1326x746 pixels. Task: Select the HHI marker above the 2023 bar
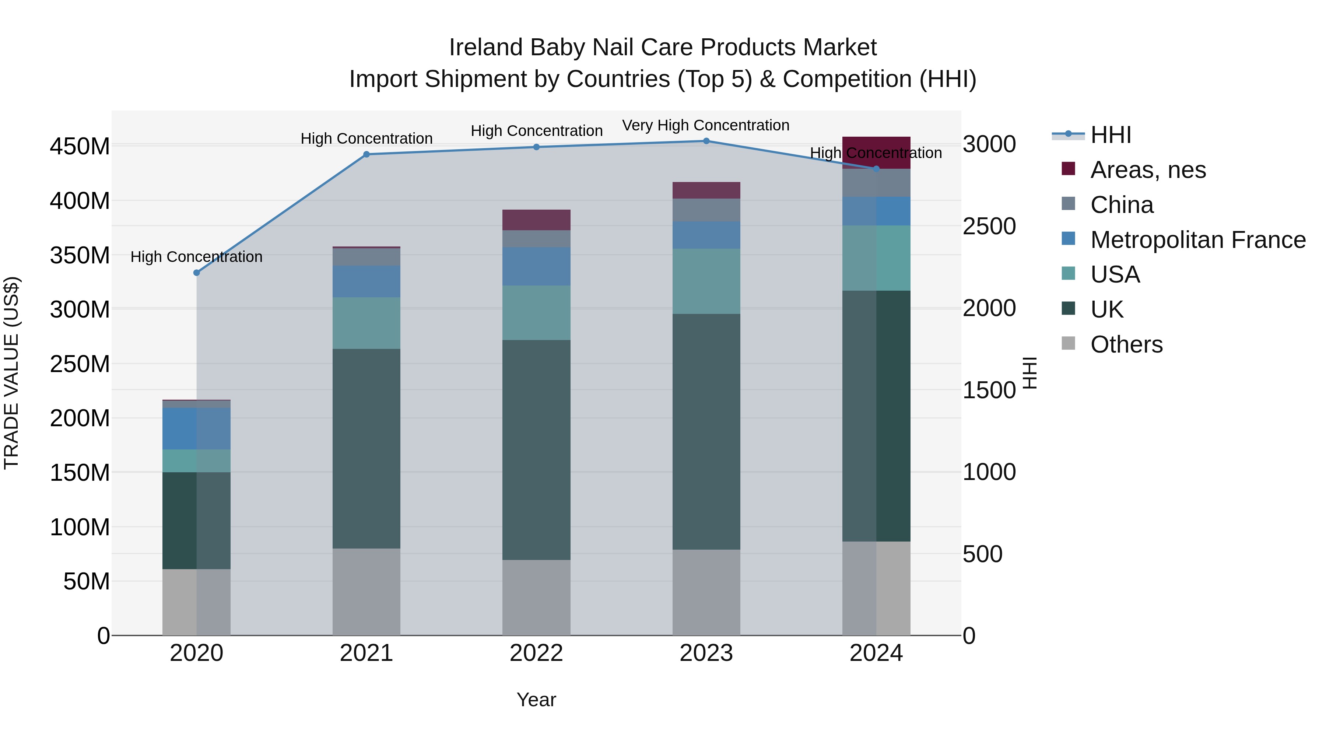point(706,141)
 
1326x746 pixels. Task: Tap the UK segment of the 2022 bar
point(536,449)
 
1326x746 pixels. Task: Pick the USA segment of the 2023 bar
point(706,281)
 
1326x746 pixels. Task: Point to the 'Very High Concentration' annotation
point(705,125)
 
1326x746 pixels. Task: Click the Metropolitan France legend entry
point(1198,240)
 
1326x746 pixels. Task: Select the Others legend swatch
point(1068,343)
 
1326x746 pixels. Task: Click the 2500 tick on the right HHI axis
point(989,227)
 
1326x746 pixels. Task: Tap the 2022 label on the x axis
point(536,653)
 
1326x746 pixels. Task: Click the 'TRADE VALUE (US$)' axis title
point(12,373)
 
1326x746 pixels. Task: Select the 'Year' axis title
point(536,700)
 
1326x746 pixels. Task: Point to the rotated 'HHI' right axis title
point(1029,373)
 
